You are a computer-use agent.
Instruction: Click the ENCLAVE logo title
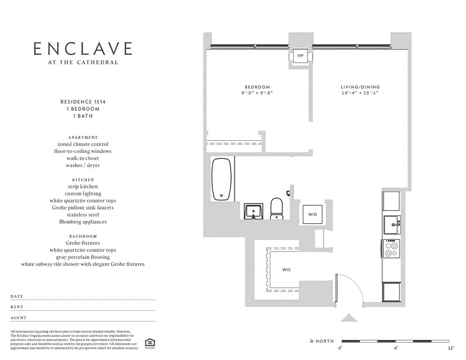83,49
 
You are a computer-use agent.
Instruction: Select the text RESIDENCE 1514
83,102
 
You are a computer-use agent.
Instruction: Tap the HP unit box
300,56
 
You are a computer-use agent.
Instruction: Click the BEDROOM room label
257,87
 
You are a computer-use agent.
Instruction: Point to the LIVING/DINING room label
360,87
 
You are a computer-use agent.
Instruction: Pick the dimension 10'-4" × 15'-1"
360,93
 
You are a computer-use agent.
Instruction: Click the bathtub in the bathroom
222,179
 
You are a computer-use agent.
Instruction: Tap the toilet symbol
276,209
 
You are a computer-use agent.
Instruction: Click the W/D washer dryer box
313,215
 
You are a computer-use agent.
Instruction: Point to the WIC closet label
287,270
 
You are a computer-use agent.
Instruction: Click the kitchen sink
391,225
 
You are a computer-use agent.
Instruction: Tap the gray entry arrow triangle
349,318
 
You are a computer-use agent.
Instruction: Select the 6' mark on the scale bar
396,348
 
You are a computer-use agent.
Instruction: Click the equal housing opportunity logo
149,343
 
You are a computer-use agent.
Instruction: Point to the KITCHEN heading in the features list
83,180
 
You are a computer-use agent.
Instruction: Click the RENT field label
17,307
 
